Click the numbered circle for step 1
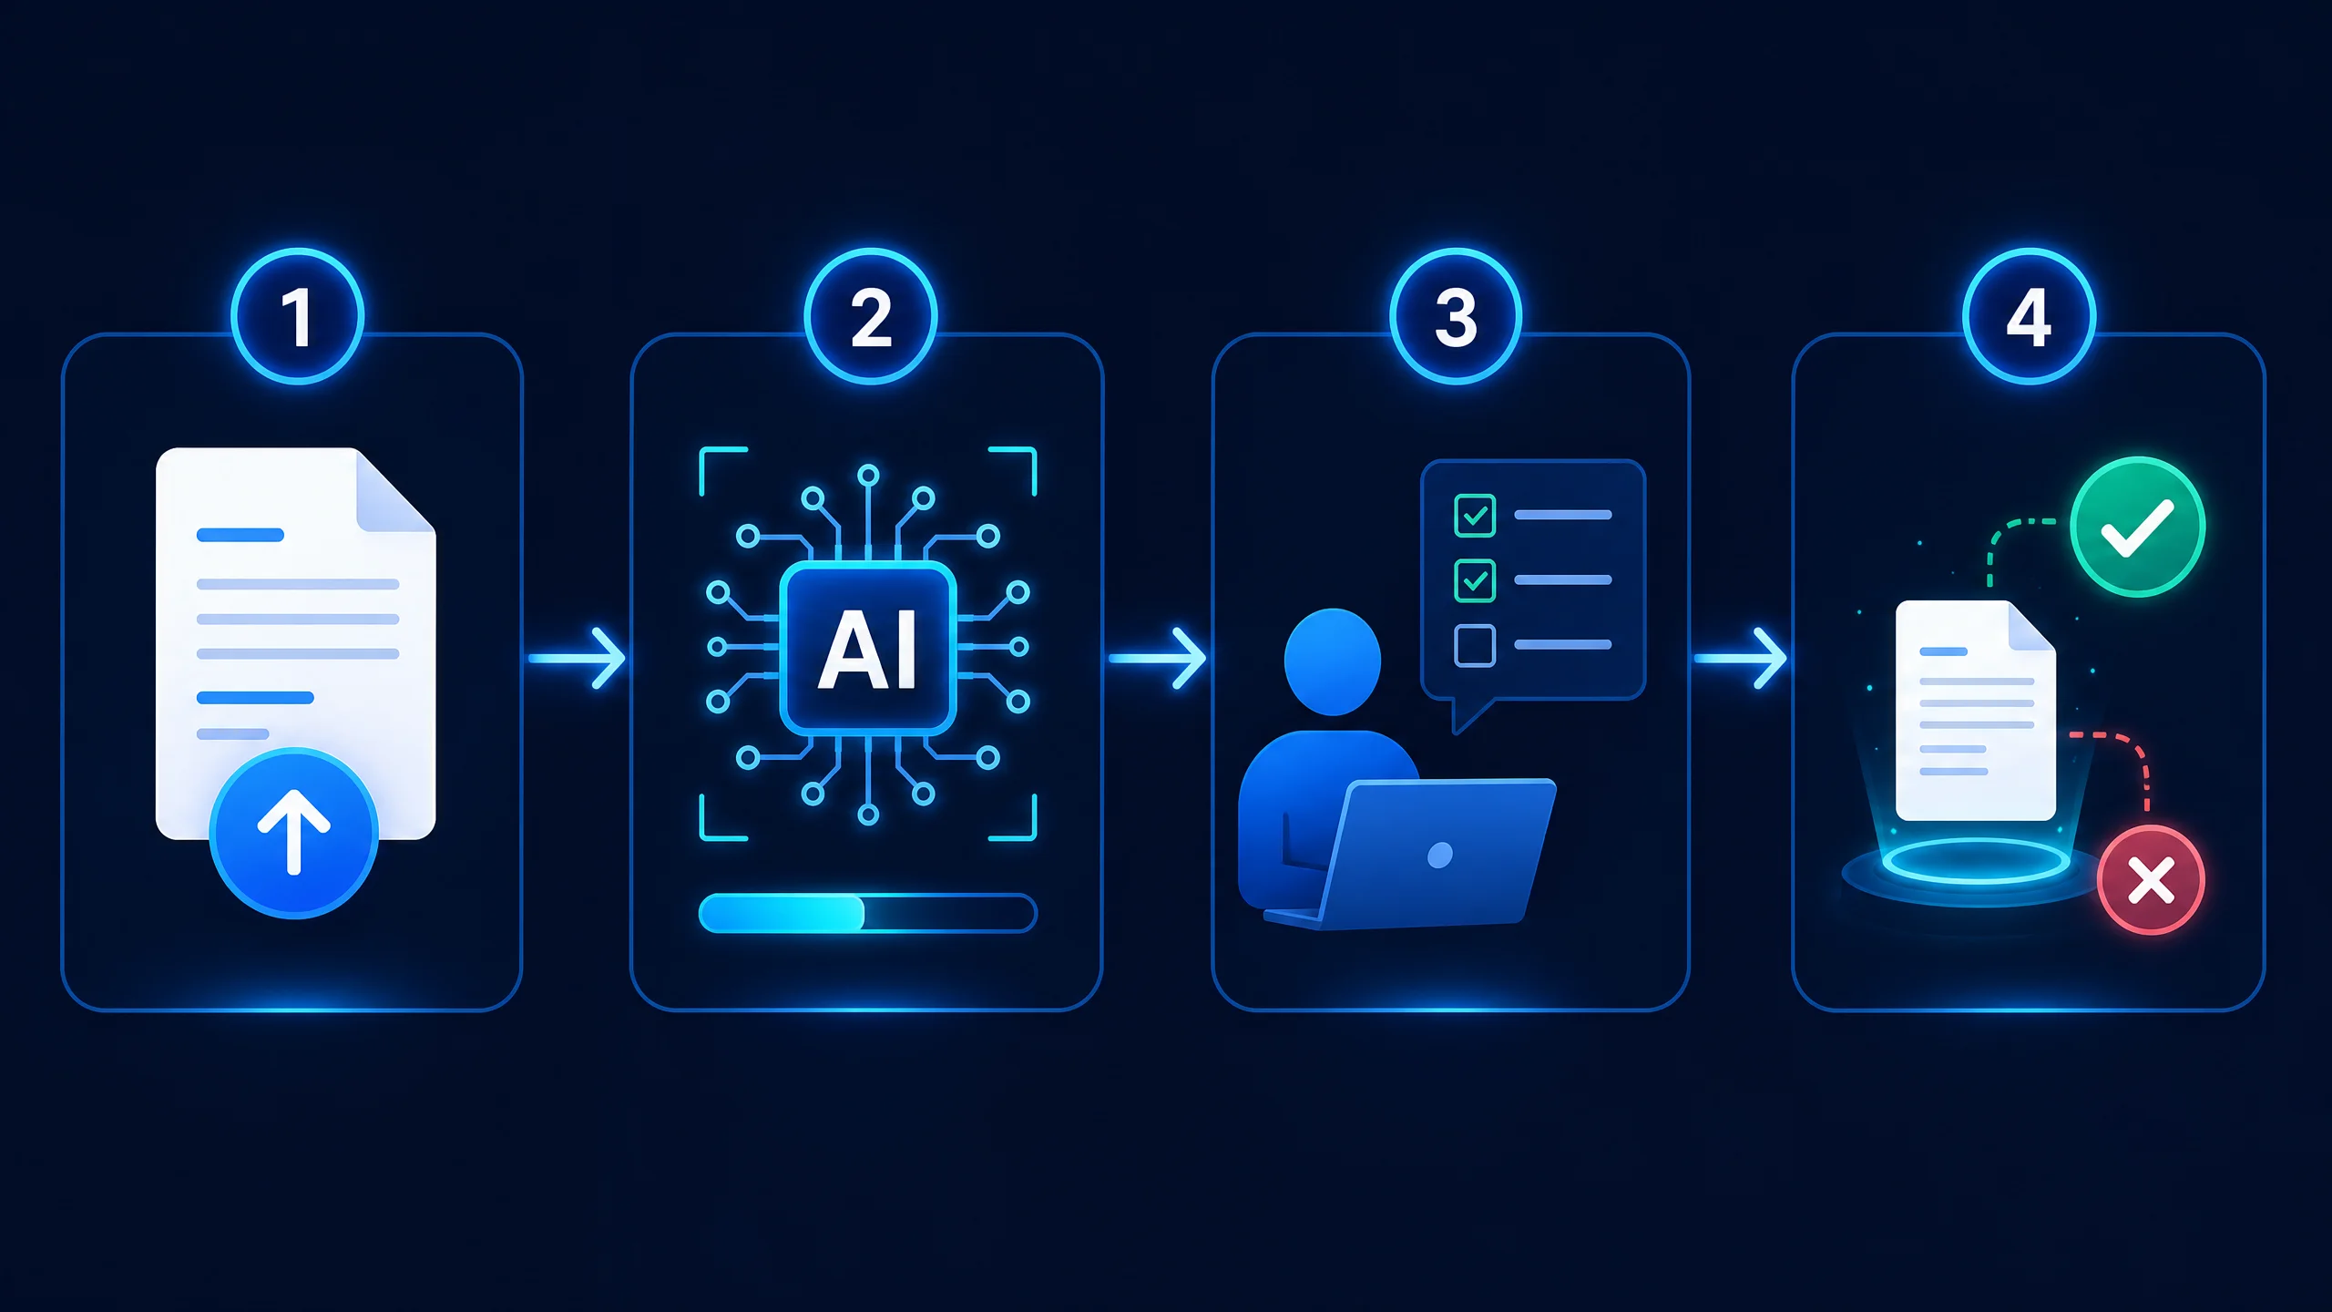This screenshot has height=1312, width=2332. tap(297, 316)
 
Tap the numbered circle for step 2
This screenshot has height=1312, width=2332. tap(871, 316)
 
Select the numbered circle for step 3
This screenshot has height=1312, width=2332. tap(1456, 316)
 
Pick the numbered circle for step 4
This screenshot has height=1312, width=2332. tap(2029, 316)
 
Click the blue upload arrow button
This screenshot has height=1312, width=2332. tap(293, 833)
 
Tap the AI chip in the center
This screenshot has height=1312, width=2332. tap(868, 648)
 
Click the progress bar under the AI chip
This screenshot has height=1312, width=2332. tap(867, 913)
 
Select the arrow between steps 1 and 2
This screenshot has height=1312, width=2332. tap(577, 657)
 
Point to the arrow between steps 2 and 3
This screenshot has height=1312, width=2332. tap(1157, 657)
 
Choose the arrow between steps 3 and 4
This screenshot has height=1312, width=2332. tap(1740, 657)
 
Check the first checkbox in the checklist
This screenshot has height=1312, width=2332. tap(1475, 515)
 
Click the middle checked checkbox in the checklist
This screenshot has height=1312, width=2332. tap(1475, 580)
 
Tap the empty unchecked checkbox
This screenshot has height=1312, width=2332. tap(1475, 646)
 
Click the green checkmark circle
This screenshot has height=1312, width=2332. tap(2137, 527)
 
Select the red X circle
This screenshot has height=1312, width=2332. tap(2151, 880)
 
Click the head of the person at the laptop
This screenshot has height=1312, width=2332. tap(1333, 661)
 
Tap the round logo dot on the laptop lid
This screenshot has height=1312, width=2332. tap(1440, 855)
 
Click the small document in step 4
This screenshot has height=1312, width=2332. tap(1976, 711)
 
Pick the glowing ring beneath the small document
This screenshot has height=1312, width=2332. tap(1975, 861)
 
